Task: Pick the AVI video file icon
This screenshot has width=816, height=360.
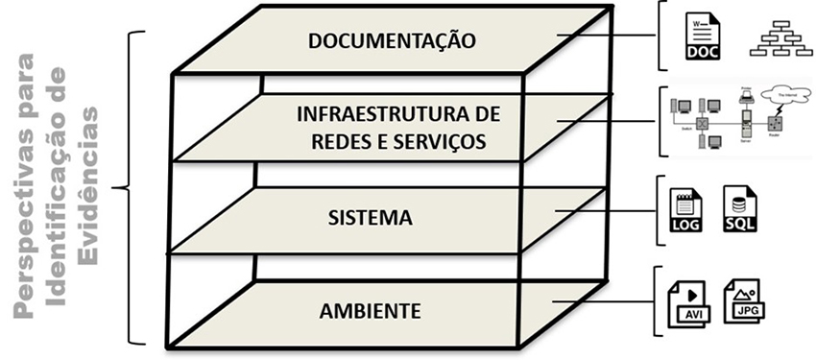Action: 689,302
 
